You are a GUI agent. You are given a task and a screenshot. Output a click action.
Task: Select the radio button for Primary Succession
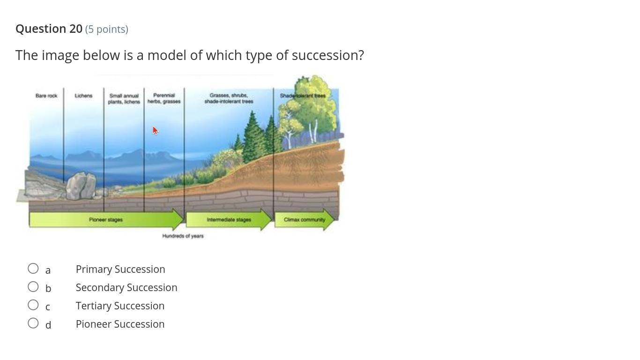[33, 269]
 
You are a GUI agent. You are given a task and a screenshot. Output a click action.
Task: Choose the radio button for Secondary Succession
[33, 287]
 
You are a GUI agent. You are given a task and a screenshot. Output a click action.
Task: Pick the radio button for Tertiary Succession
[33, 305]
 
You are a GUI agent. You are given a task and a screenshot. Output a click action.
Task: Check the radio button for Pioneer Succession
[33, 323]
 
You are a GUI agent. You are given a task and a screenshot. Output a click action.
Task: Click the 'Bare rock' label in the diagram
[46, 96]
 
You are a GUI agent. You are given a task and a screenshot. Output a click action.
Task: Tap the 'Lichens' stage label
[83, 96]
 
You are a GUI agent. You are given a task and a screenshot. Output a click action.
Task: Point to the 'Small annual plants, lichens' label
[124, 98]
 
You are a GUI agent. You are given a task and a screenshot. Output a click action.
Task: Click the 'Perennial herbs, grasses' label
[164, 98]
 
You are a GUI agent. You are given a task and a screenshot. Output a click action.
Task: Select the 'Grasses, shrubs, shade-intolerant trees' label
[229, 98]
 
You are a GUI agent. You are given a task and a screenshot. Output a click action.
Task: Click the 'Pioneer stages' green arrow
[106, 219]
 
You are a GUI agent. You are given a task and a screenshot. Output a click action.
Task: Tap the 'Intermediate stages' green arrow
[229, 219]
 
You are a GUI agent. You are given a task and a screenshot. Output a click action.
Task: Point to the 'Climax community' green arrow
[304, 219]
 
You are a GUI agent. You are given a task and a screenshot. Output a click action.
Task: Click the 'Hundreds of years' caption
[183, 236]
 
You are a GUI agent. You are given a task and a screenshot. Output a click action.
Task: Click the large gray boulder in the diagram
[81, 186]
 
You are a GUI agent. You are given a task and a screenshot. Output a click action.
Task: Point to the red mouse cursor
[155, 130]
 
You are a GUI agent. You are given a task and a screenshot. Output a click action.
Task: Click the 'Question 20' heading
[49, 29]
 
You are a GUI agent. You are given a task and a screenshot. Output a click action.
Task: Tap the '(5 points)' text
[106, 30]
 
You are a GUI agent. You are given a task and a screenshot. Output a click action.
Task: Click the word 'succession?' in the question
[327, 55]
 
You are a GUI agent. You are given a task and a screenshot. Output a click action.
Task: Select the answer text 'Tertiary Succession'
[120, 306]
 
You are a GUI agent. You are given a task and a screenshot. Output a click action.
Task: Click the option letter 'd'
[48, 324]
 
